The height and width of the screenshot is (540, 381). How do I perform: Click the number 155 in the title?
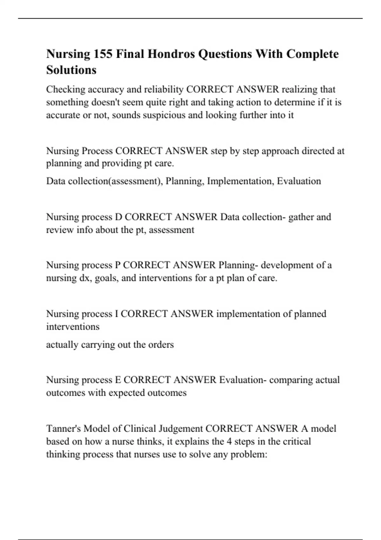[x=103, y=54]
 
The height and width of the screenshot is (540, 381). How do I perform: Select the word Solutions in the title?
[x=71, y=70]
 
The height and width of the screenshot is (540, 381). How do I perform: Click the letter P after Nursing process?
[x=117, y=265]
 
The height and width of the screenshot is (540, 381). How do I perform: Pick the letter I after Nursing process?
[x=116, y=314]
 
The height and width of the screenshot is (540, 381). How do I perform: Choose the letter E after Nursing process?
[x=117, y=380]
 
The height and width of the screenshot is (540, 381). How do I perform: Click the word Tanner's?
[x=63, y=429]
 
